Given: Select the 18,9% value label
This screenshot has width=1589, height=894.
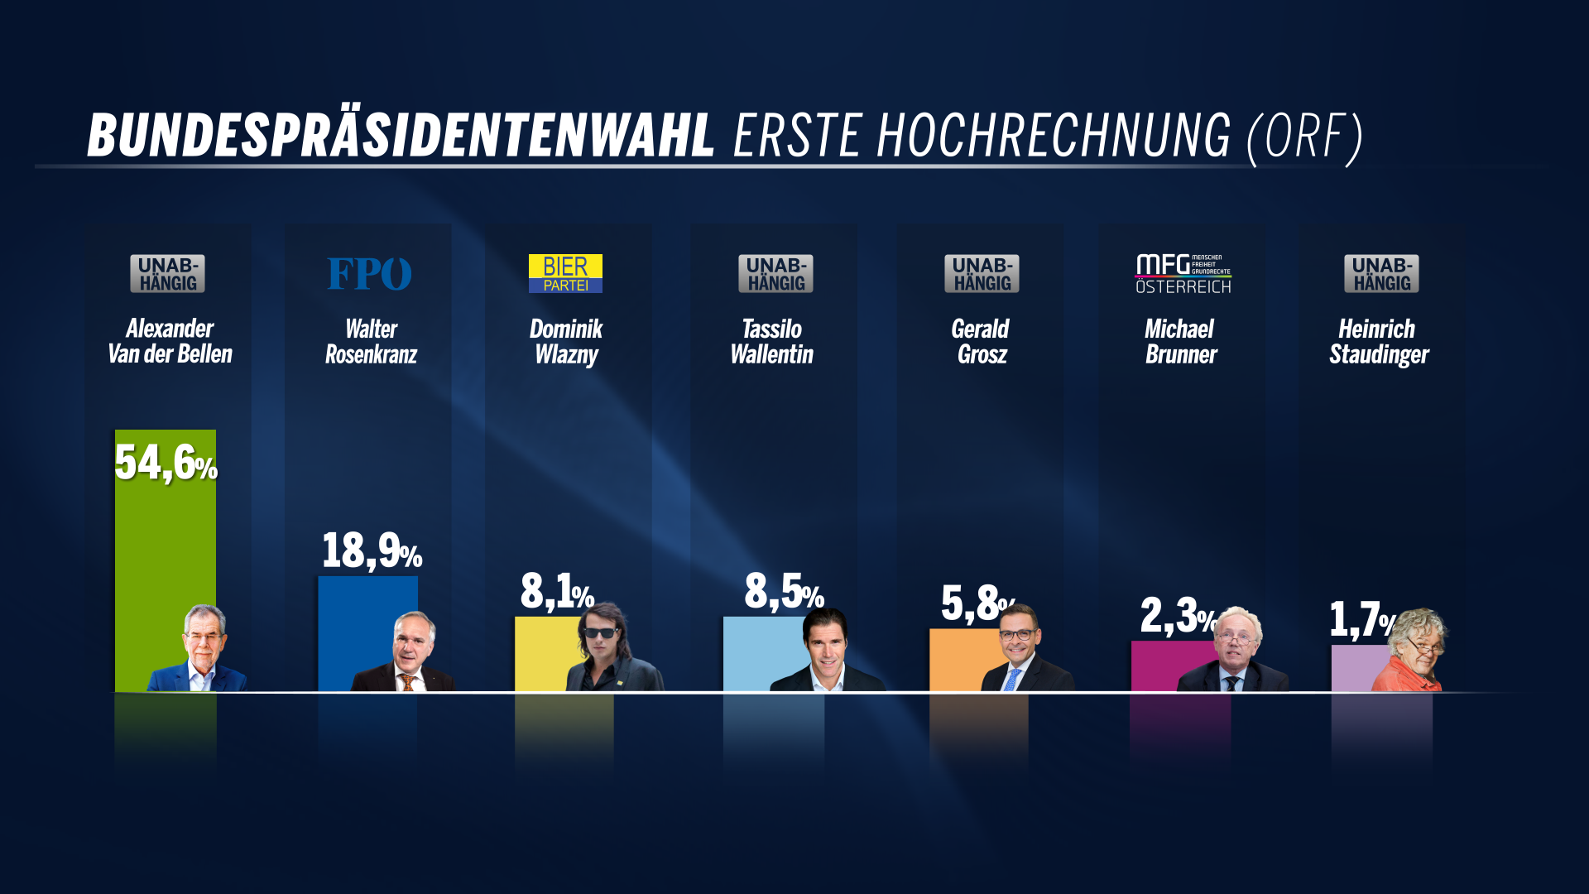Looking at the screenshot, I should click(371, 551).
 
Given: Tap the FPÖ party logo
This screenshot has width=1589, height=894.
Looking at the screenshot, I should click(369, 274).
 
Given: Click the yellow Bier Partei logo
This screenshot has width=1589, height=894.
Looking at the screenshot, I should click(565, 274).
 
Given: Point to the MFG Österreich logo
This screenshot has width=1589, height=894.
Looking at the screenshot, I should click(1183, 274).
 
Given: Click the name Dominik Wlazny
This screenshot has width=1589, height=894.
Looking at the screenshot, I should click(566, 341).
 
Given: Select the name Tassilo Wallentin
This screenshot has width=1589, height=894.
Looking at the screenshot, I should click(771, 341).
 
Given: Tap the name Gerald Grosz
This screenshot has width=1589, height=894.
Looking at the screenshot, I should click(981, 341).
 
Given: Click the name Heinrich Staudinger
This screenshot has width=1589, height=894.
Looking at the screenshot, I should click(1379, 341).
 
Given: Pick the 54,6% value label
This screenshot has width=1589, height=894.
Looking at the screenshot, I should click(166, 463).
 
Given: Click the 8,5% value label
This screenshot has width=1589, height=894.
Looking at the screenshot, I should click(783, 591).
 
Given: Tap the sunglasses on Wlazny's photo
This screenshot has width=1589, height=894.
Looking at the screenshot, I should click(601, 633).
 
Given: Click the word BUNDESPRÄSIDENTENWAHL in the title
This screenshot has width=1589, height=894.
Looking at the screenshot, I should click(401, 135).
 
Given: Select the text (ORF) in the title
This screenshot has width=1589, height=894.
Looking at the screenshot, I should click(1304, 137).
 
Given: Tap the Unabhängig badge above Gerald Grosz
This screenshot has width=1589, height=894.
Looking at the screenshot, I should click(982, 274).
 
